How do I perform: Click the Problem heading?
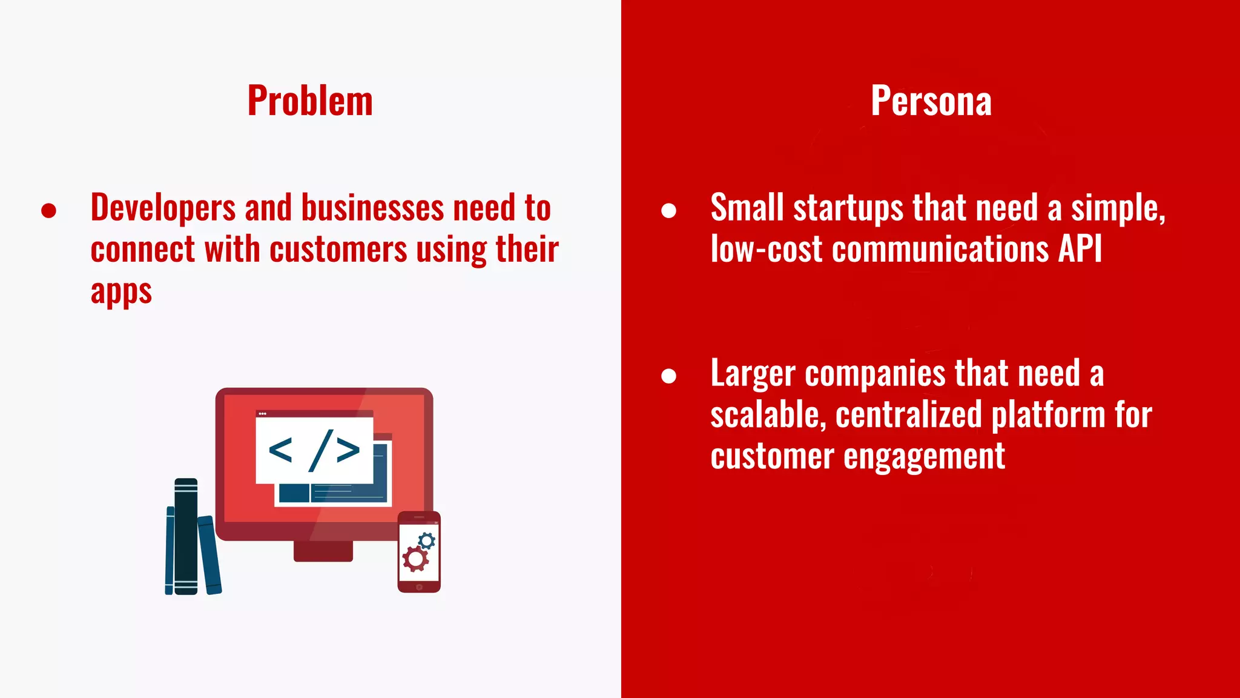click(x=310, y=101)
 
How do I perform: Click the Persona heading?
click(x=931, y=101)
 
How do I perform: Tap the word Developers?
click(x=163, y=208)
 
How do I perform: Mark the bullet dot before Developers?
click(x=49, y=211)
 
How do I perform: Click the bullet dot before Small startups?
click(x=668, y=211)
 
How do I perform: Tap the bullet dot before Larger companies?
click(x=668, y=376)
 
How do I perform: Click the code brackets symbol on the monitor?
click(x=314, y=451)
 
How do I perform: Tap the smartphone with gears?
click(x=419, y=552)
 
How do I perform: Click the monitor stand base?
click(x=323, y=551)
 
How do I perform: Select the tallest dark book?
click(x=186, y=536)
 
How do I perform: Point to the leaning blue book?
click(x=209, y=554)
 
